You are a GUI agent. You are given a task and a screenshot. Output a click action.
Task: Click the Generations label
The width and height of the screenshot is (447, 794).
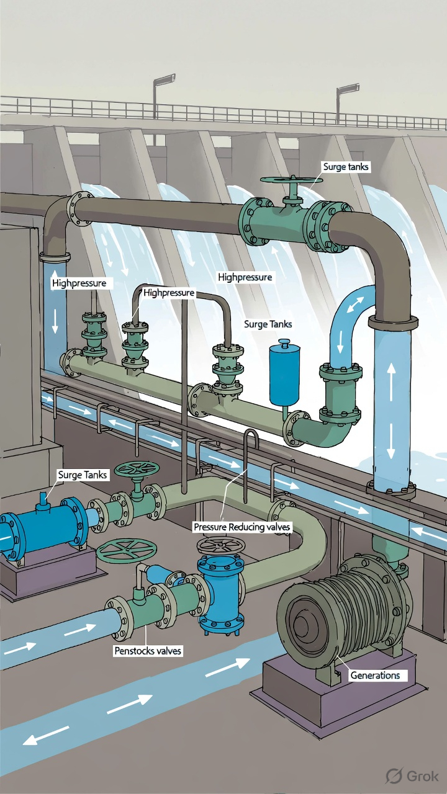tap(375, 676)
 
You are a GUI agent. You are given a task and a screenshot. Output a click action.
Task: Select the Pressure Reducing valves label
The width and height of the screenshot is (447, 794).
tap(242, 527)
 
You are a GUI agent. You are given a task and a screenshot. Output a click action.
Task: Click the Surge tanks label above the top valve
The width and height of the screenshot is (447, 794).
tap(346, 167)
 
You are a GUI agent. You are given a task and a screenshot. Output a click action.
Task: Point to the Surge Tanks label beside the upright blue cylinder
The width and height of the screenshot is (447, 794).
tap(268, 324)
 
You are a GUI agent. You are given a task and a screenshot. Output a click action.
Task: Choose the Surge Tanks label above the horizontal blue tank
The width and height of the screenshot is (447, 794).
tap(83, 475)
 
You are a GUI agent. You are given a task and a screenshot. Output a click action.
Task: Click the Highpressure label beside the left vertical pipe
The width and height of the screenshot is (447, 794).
tap(79, 283)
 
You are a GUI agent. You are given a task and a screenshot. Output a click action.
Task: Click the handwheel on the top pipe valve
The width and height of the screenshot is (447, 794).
tap(292, 180)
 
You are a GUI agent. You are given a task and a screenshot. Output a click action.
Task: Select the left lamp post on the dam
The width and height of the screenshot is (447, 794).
tap(159, 95)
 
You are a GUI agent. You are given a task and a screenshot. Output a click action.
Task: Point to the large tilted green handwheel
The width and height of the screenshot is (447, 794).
tap(127, 550)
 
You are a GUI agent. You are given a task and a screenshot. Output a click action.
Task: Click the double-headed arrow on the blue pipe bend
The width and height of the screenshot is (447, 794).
tap(355, 305)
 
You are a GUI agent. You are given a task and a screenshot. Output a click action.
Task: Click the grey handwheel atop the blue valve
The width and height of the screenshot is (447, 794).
tap(220, 546)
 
